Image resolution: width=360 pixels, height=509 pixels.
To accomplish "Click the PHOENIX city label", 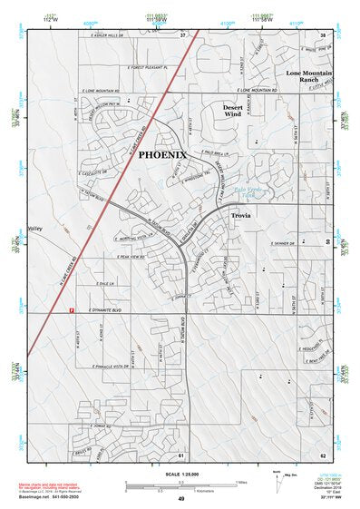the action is (x=162, y=155).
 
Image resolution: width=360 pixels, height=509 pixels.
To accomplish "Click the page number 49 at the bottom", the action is (x=180, y=499).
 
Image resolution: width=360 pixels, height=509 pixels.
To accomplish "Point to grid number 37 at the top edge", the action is (x=182, y=34).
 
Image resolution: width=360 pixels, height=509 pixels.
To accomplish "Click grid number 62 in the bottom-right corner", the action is (x=323, y=454).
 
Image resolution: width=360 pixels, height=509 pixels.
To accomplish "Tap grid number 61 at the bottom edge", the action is (x=181, y=454).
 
